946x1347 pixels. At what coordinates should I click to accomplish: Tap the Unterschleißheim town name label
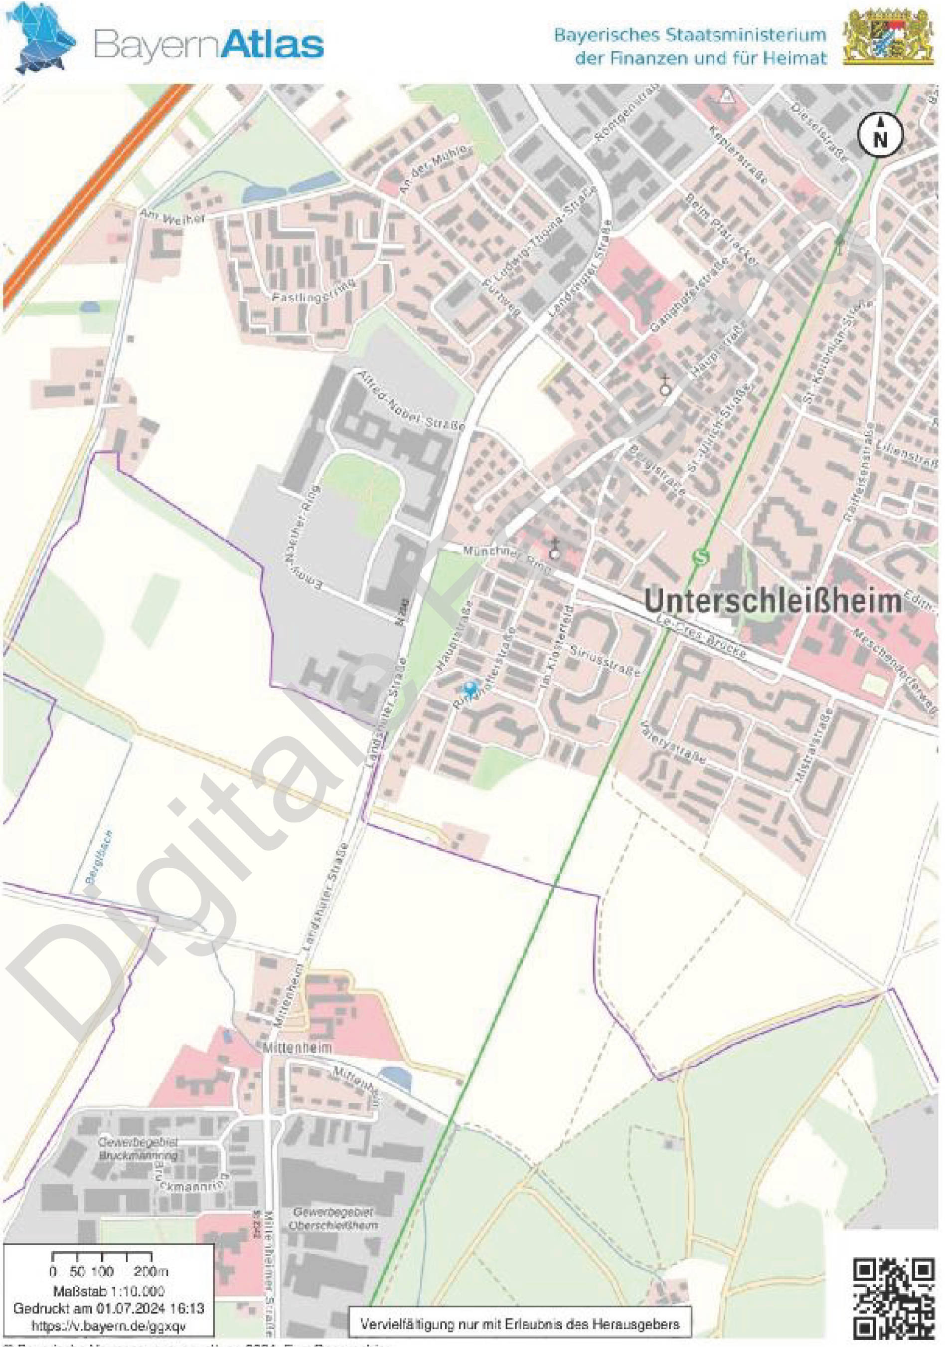773,602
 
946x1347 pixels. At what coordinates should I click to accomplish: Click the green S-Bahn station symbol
698,556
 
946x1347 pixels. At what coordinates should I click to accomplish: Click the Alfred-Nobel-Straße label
412,400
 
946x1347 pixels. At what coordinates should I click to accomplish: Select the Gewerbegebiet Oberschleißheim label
334,1218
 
